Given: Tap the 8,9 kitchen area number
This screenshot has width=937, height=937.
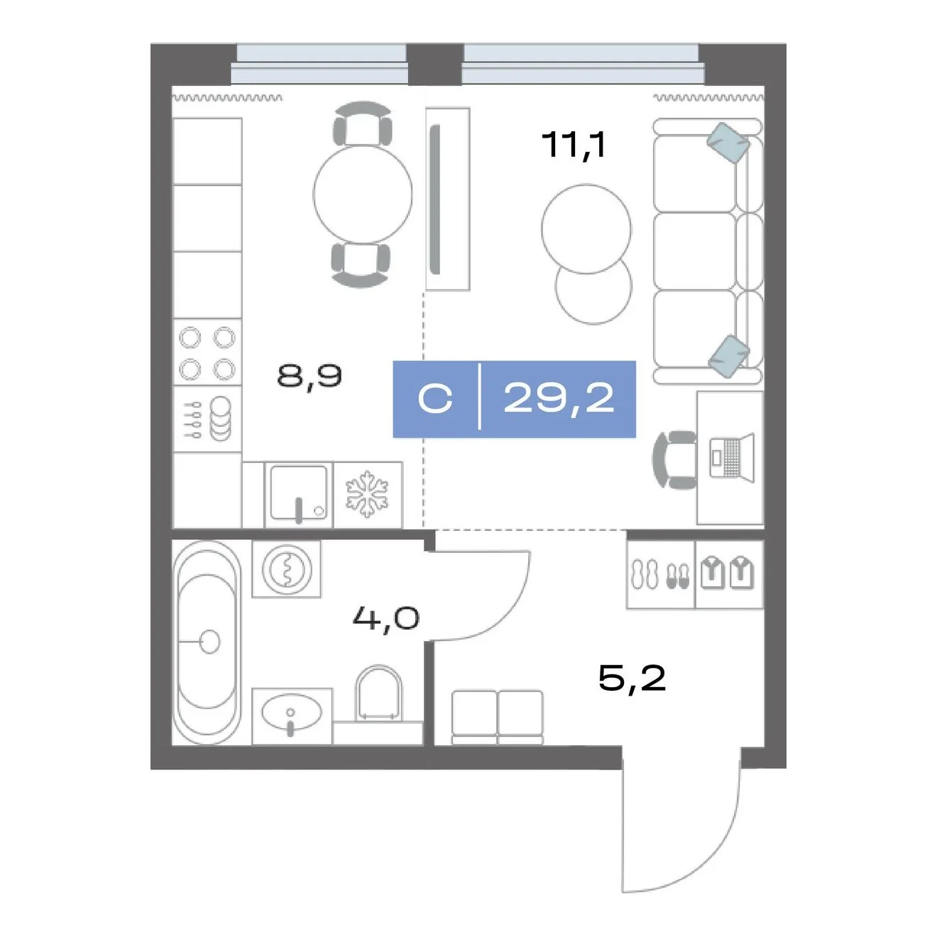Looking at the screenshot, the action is [x=309, y=376].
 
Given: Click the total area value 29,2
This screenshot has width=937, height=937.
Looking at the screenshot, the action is [x=559, y=399].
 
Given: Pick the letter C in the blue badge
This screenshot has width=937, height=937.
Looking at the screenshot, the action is [x=434, y=399].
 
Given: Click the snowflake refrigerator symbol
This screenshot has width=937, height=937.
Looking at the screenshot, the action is [x=367, y=493].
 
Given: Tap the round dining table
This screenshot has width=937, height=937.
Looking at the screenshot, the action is [x=363, y=194].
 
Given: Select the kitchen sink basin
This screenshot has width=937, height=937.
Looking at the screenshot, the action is [x=299, y=493].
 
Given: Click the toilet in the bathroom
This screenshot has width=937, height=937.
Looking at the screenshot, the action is [x=379, y=694].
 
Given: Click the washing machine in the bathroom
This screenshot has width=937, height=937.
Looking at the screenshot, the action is [x=286, y=569].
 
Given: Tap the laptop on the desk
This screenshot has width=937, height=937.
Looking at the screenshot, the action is [x=731, y=458].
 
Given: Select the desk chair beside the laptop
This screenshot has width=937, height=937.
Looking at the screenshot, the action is [x=674, y=459].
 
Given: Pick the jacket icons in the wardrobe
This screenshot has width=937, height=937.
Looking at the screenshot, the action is [x=727, y=574].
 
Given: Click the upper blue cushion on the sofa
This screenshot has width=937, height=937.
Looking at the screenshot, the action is [x=728, y=142].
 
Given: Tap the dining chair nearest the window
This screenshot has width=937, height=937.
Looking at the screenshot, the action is [x=362, y=124].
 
